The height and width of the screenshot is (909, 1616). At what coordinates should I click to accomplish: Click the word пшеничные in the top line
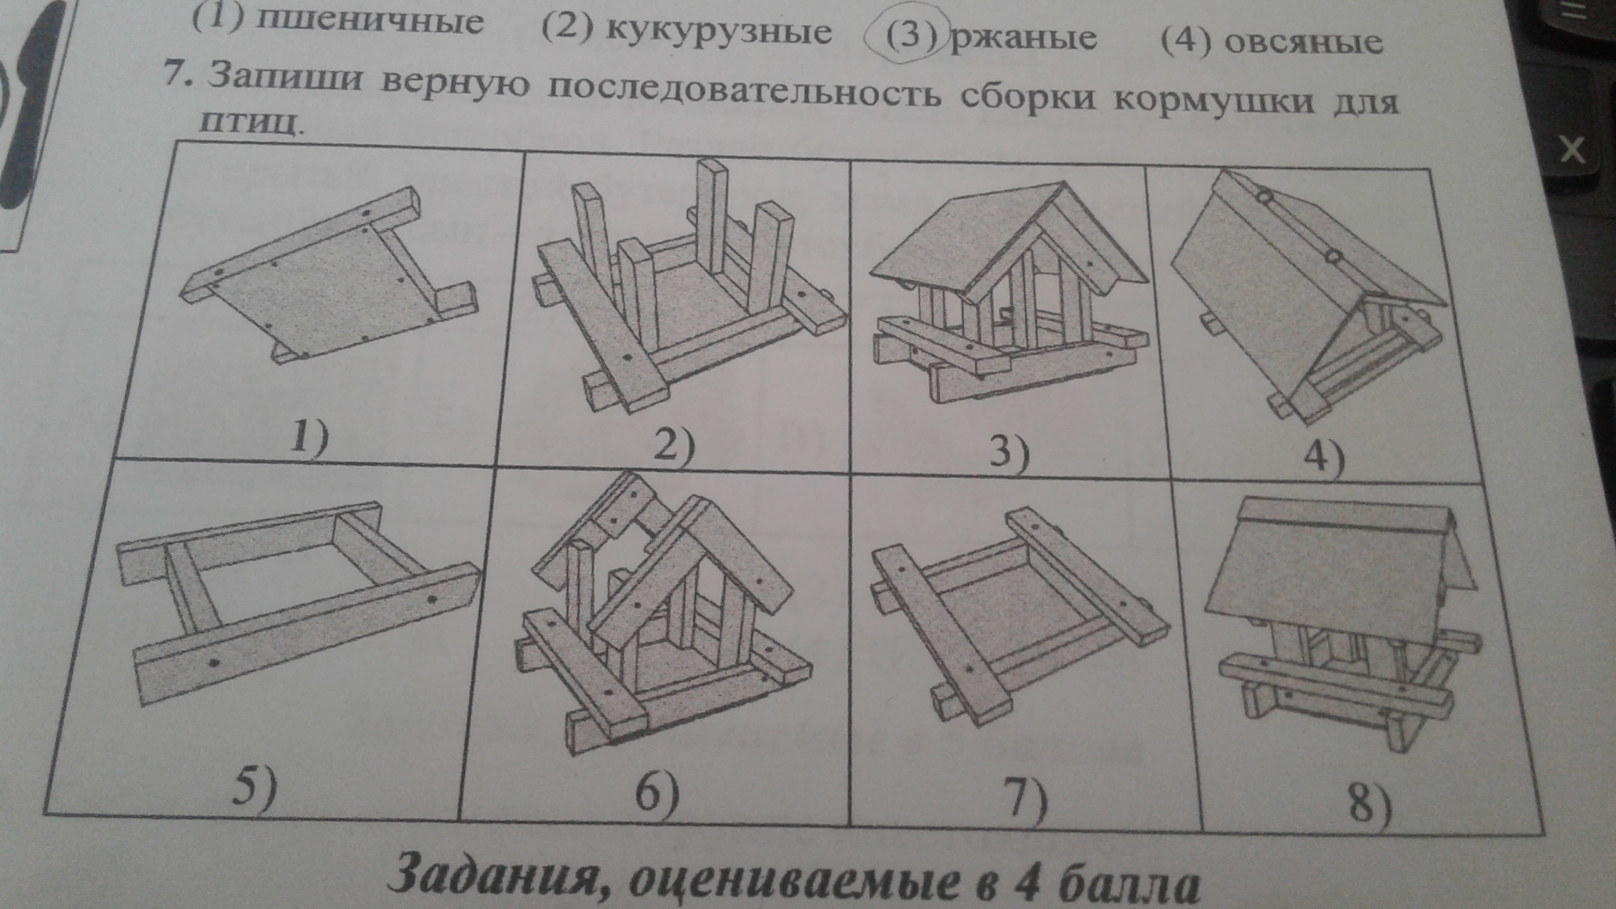point(370,22)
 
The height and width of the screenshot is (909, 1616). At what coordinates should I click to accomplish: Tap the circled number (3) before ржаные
point(909,37)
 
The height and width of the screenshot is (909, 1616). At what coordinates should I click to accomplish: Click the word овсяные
point(1304,42)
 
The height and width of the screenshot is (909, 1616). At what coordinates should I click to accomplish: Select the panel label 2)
point(673,448)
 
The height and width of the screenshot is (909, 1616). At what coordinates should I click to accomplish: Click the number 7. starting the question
point(179,74)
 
